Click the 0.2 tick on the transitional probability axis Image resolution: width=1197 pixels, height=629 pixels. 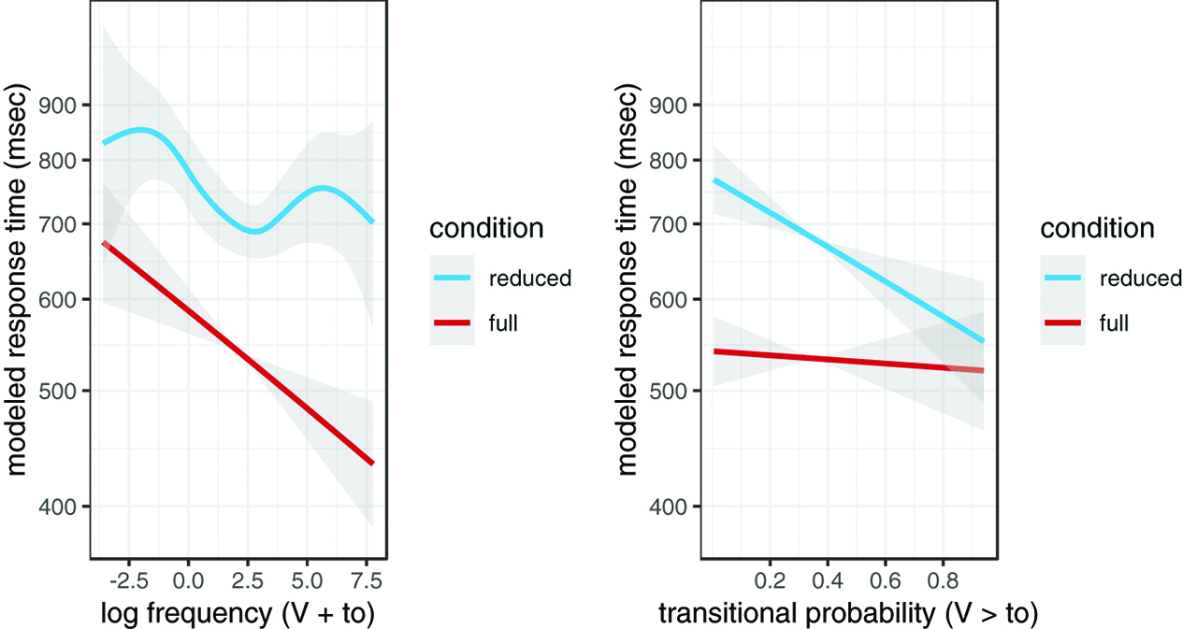click(x=770, y=579)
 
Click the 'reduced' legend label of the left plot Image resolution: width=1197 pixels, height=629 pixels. click(x=529, y=278)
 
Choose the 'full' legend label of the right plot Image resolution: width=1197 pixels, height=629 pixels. click(x=1114, y=323)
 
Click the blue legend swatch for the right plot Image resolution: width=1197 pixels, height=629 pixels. click(x=1061, y=278)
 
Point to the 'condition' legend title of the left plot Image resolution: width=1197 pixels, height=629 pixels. click(x=486, y=228)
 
